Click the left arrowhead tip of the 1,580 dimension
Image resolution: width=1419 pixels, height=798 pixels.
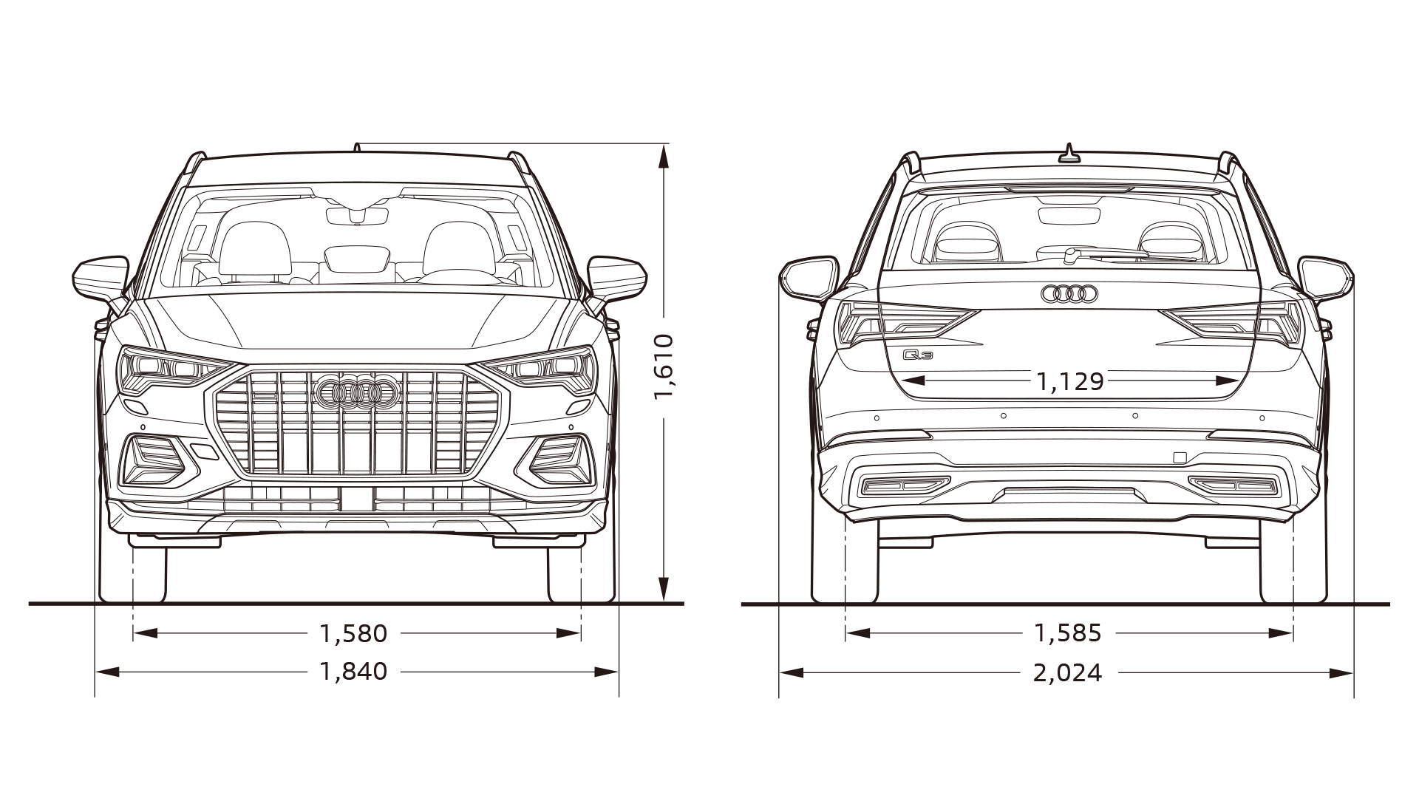point(134,633)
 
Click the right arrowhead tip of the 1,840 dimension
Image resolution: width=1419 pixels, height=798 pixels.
point(618,672)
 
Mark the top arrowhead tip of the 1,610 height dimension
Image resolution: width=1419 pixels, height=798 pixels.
point(664,144)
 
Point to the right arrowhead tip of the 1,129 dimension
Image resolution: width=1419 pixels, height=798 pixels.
point(1239,381)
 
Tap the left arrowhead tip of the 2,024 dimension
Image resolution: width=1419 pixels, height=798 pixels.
point(780,672)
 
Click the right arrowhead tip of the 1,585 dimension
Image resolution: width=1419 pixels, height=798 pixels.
point(1293,633)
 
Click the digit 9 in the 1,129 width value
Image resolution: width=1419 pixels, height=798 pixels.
point(1096,381)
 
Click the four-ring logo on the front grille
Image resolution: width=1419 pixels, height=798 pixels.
point(356,392)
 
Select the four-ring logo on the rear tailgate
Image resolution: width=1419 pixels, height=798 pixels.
point(1069,294)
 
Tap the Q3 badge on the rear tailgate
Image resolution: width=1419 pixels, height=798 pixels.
point(919,355)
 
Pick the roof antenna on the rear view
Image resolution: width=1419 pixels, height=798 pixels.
point(1069,153)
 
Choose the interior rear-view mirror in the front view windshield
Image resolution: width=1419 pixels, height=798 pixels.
point(357,216)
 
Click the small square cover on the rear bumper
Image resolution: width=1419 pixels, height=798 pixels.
point(1180,457)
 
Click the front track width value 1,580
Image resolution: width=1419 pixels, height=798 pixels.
point(353,633)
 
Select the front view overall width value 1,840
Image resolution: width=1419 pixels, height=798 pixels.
point(353,672)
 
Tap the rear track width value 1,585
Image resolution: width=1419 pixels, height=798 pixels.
point(1068,633)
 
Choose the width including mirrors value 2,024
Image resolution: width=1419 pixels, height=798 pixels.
point(1068,672)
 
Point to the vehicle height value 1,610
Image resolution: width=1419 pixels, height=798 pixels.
point(664,367)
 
